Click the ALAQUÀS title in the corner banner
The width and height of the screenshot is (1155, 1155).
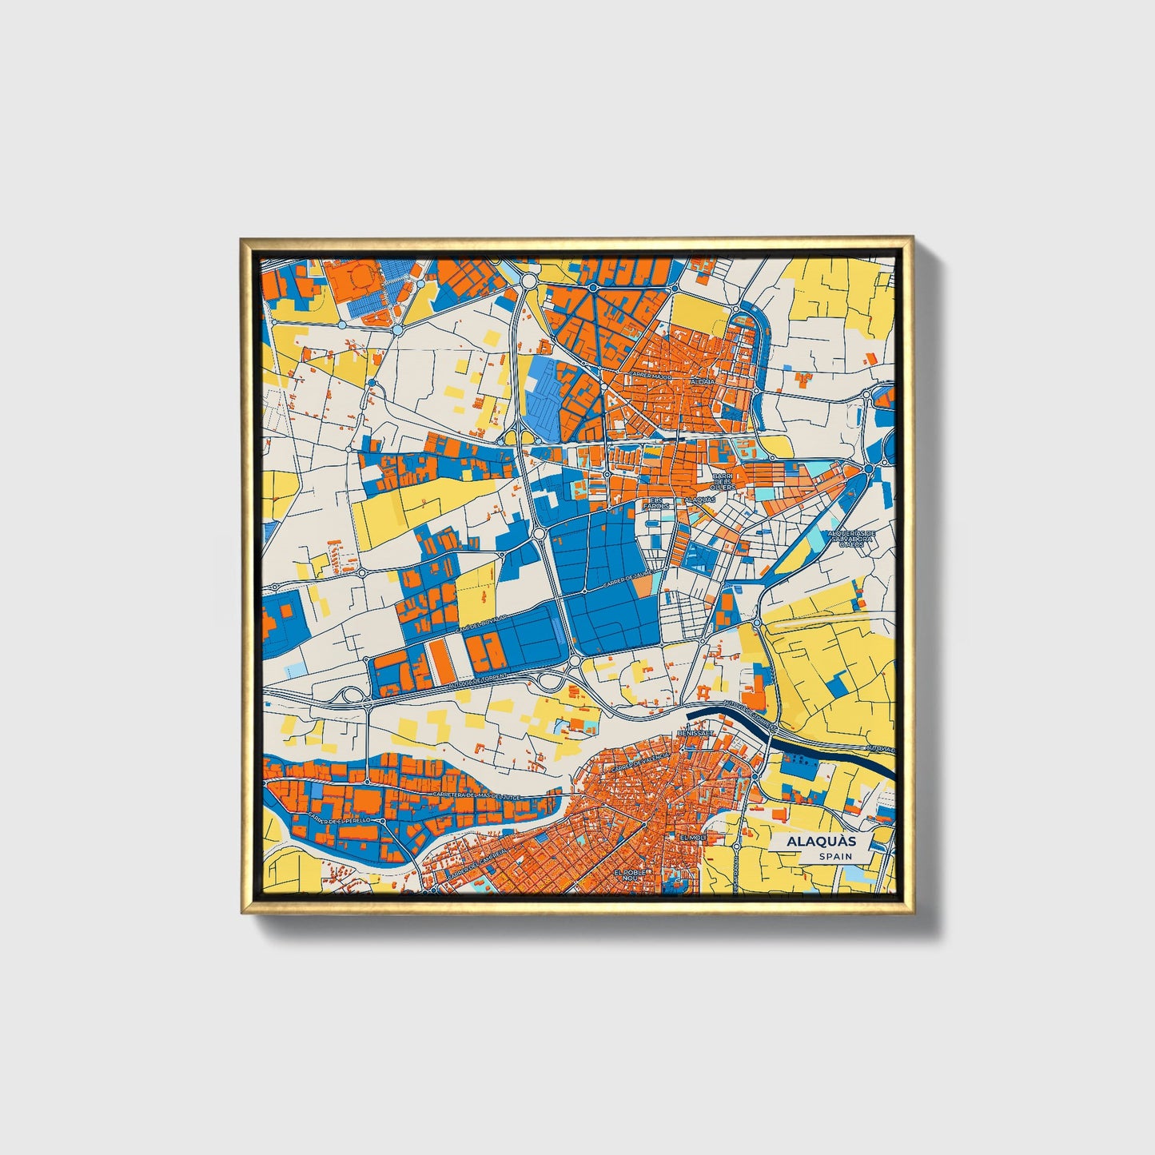coord(821,842)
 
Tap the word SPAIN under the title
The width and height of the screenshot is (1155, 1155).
coord(834,856)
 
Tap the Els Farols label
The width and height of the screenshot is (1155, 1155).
coord(655,504)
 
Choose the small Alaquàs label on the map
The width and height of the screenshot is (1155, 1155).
coord(700,500)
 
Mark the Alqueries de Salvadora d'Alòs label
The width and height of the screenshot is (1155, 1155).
coord(852,538)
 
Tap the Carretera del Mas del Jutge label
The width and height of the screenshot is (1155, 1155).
coord(477,796)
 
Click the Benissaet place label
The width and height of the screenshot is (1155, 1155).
coord(692,733)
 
